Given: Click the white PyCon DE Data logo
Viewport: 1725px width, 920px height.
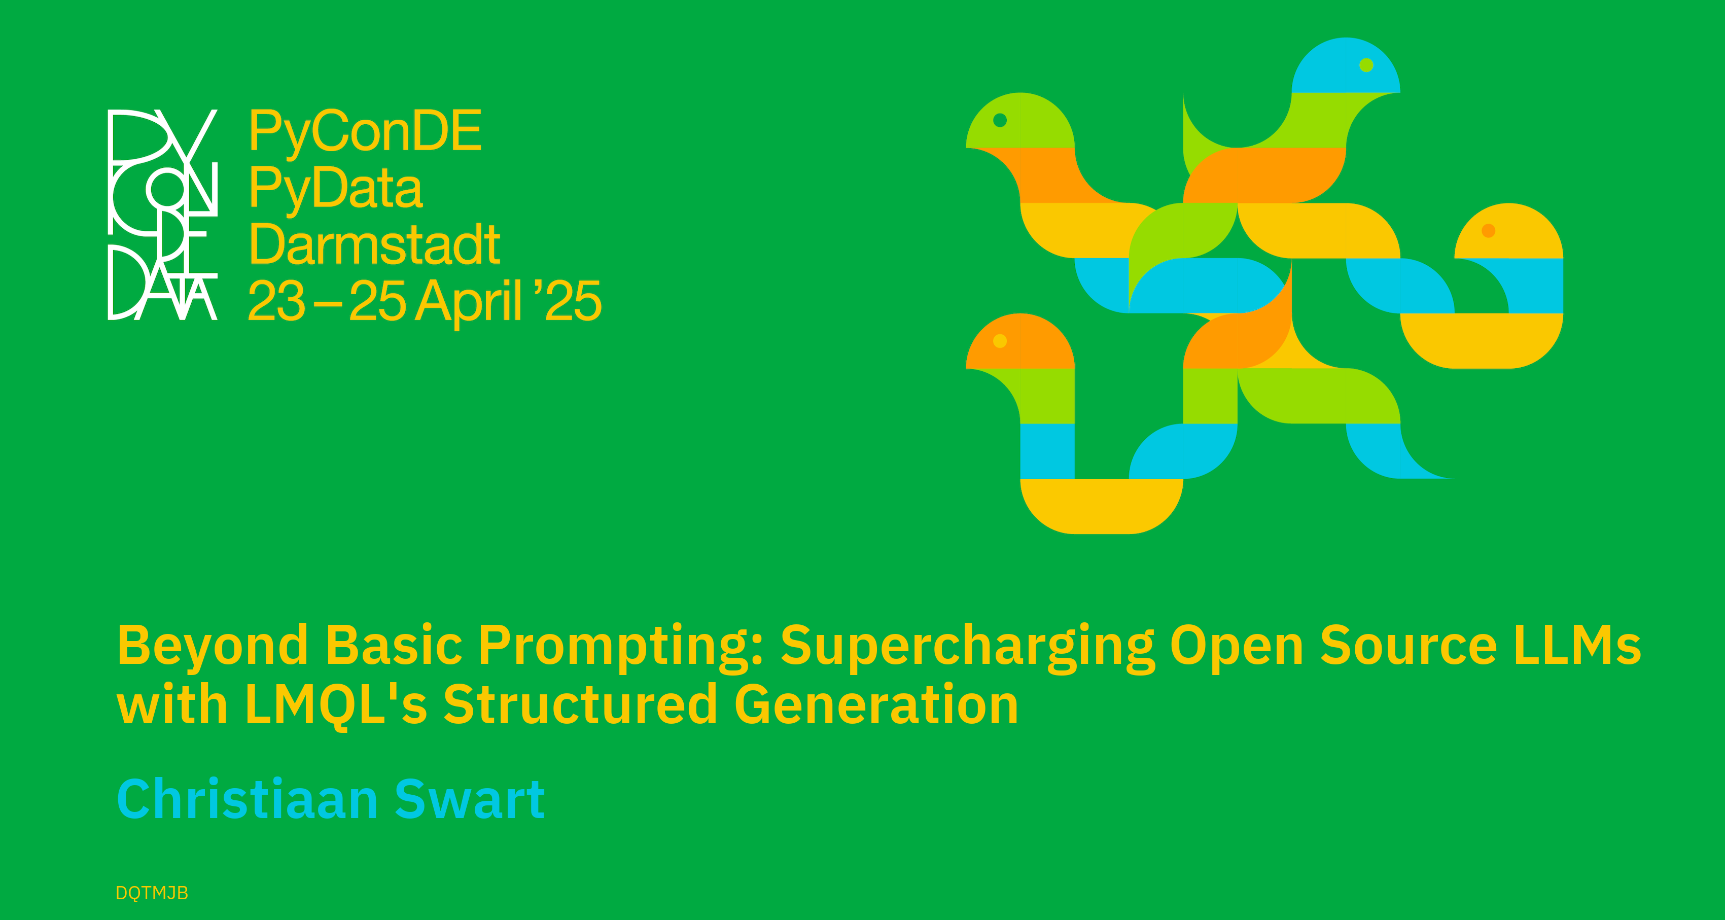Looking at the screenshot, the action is pyautogui.click(x=163, y=214).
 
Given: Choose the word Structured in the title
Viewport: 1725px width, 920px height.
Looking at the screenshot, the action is pyautogui.click(x=581, y=704).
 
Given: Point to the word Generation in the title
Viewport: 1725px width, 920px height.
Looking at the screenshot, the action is pyautogui.click(x=876, y=704).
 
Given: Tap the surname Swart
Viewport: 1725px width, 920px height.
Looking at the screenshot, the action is pyautogui.click(x=470, y=799).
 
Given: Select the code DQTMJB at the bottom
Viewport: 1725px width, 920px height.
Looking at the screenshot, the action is pyautogui.click(x=152, y=893).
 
